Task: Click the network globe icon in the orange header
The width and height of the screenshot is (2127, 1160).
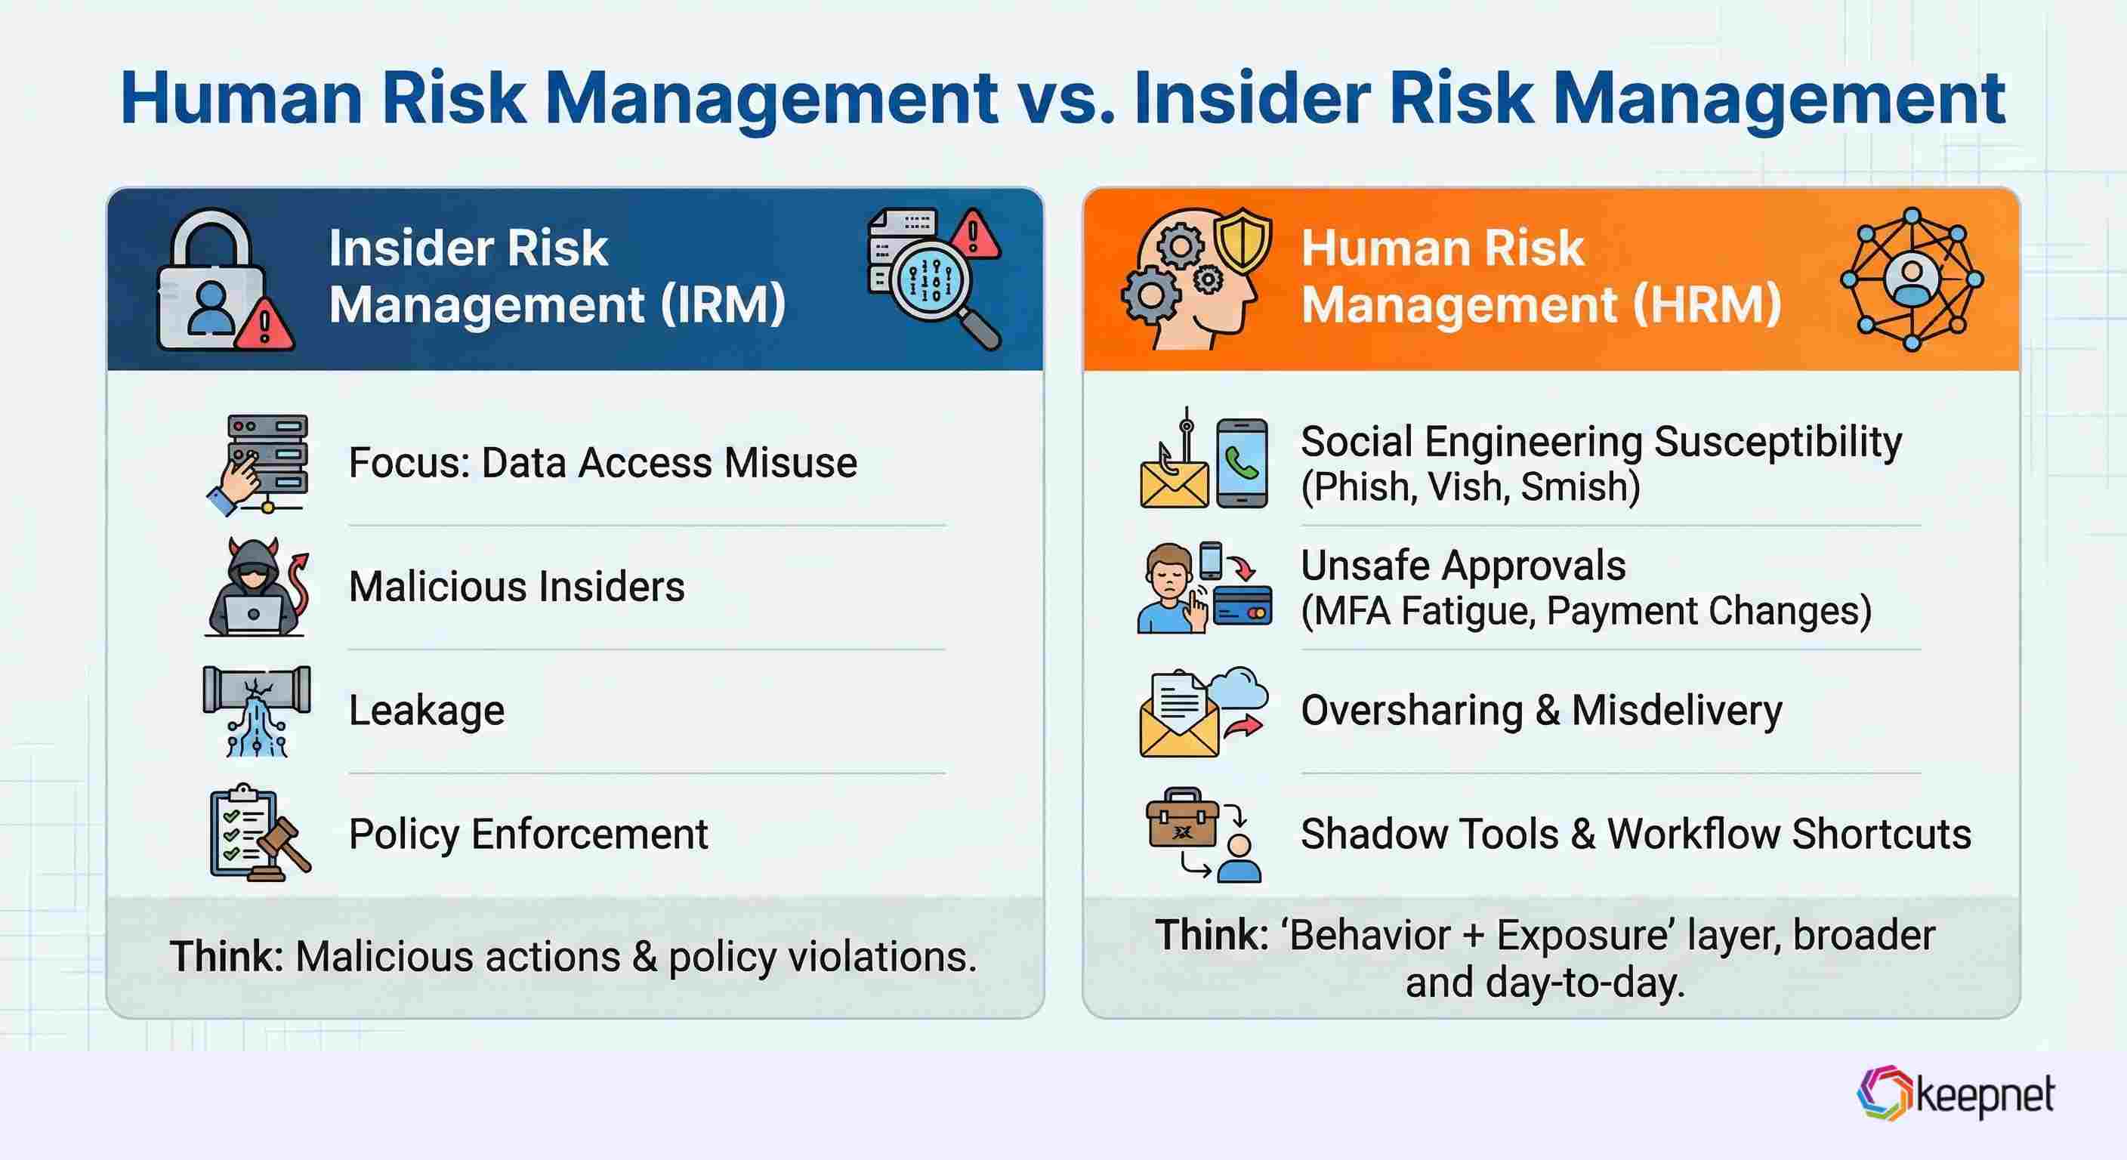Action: tap(1912, 279)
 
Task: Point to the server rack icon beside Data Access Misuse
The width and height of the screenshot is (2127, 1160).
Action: tap(266, 461)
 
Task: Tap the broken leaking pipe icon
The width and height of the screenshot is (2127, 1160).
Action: tap(257, 710)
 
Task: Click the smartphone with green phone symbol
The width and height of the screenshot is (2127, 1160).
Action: tap(1242, 462)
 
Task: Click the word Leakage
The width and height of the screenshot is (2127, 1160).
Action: tap(426, 710)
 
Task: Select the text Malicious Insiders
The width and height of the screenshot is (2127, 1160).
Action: tap(516, 587)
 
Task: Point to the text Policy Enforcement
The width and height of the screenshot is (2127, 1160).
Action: tap(528, 834)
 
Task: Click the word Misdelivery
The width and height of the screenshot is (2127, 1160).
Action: tap(1676, 710)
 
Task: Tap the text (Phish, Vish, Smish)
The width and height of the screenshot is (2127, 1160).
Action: tap(1470, 486)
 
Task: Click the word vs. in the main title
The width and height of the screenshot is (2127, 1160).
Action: tap(1066, 99)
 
